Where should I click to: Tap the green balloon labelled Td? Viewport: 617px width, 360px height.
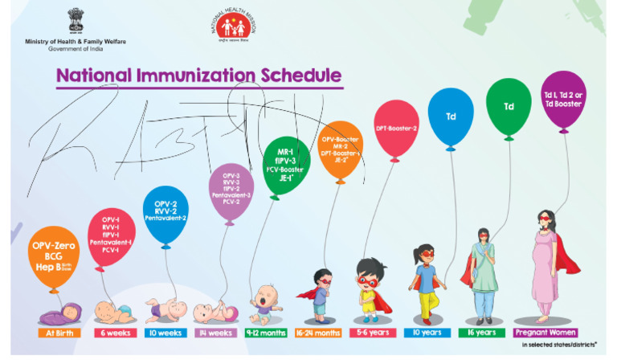pyautogui.click(x=509, y=107)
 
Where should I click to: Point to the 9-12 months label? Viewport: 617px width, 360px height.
pyautogui.click(x=263, y=332)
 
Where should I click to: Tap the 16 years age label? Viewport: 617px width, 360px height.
pyautogui.click(x=482, y=332)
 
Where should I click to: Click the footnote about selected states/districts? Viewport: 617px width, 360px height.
pyautogui.click(x=562, y=346)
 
